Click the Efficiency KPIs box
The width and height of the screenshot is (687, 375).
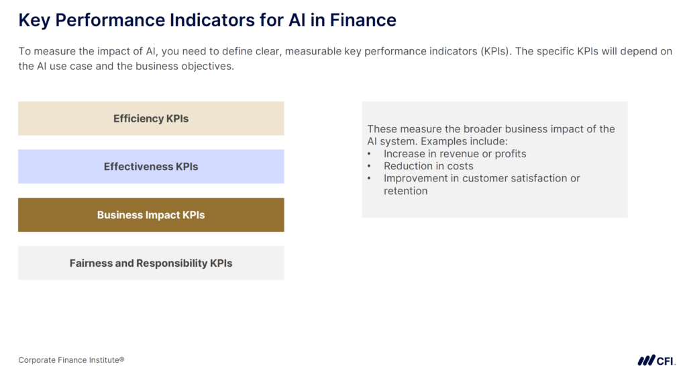tap(151, 118)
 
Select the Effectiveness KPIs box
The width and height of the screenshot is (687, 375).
tap(151, 167)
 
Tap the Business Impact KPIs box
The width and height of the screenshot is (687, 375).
tap(151, 215)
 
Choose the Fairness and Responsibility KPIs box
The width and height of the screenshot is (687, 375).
tap(151, 263)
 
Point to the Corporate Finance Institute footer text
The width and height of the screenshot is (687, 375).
tap(71, 360)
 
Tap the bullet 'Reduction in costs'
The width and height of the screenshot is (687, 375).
tap(428, 166)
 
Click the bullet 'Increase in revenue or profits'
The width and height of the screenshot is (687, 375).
tap(455, 154)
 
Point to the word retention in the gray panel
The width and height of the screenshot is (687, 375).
tap(405, 191)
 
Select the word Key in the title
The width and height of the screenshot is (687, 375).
tap(34, 20)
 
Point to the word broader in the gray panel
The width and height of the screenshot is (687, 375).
tap(483, 129)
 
